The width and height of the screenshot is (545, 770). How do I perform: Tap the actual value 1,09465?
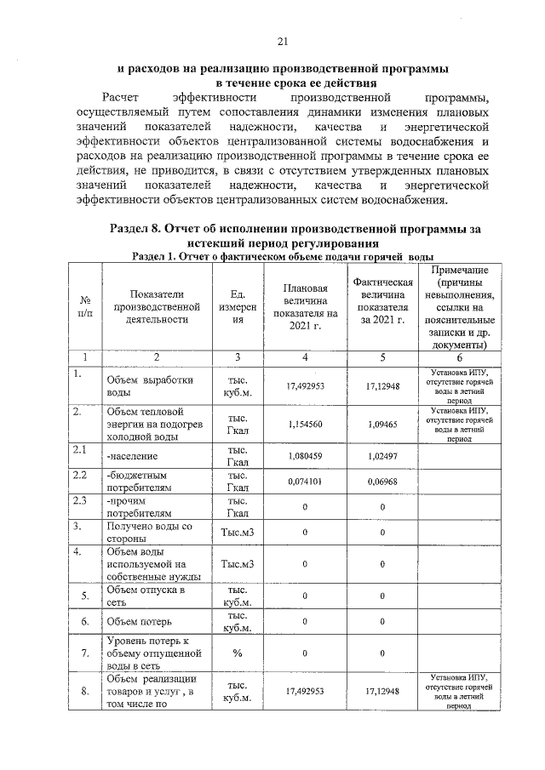[x=382, y=424]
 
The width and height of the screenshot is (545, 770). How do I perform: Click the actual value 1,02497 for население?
[x=382, y=456]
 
